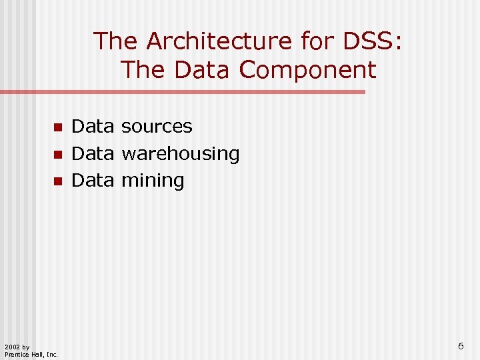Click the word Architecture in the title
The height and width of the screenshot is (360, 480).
click(219, 41)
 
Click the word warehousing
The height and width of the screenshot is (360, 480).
click(179, 153)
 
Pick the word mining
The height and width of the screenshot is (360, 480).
click(152, 181)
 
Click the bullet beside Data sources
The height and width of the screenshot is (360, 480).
click(58, 127)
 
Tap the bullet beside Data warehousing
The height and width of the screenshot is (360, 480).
click(58, 154)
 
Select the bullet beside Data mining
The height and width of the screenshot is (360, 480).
click(58, 181)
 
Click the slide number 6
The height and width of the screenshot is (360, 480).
click(461, 345)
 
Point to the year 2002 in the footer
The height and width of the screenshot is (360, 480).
click(12, 347)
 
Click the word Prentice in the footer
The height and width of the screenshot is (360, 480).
click(16, 354)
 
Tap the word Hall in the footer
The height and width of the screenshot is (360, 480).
click(37, 354)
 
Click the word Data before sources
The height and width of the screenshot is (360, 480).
click(93, 126)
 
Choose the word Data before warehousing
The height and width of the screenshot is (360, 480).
click(93, 153)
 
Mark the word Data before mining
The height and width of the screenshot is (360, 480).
click(93, 181)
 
